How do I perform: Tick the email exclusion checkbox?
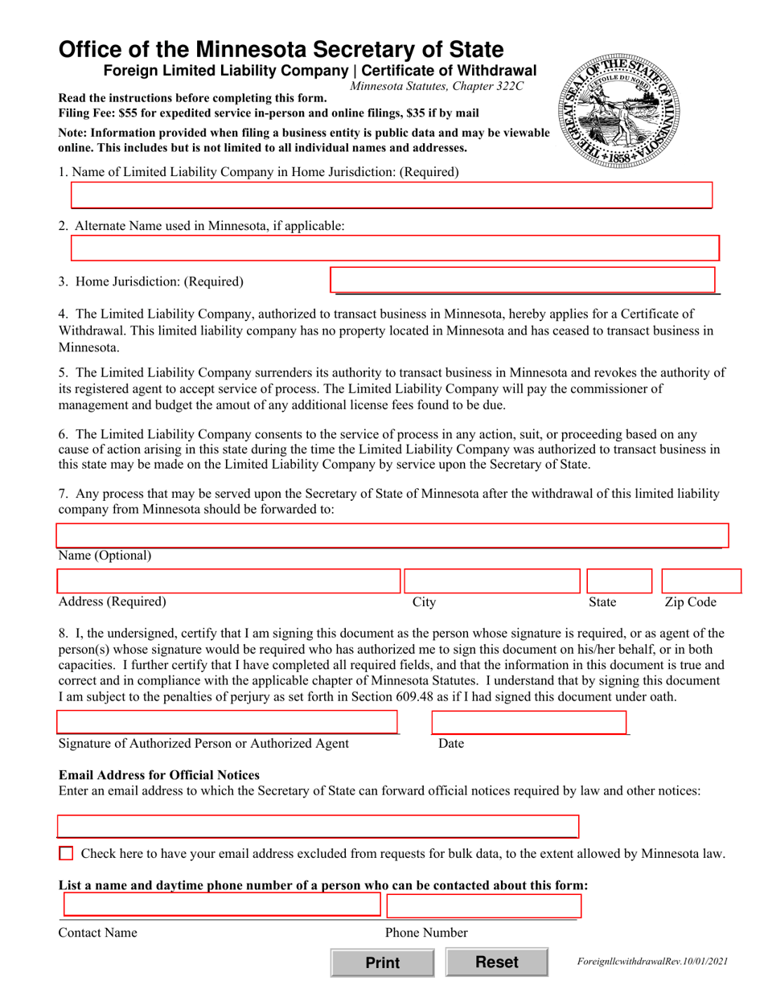[x=67, y=853]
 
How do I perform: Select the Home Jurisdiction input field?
[x=523, y=280]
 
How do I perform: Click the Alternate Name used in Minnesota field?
[x=394, y=248]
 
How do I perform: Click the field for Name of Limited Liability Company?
[x=392, y=195]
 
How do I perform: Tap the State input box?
[x=618, y=581]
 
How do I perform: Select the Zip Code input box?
[x=700, y=581]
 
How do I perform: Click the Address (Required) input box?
[x=228, y=581]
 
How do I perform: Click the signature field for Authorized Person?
[x=228, y=723]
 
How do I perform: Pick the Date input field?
[x=528, y=723]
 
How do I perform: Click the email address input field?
[x=318, y=827]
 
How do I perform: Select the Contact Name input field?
[x=221, y=905]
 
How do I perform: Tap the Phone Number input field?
[x=483, y=905]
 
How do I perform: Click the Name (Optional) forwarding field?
[x=392, y=536]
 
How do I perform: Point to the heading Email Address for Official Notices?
[x=159, y=775]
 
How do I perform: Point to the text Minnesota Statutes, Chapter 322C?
[x=437, y=86]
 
